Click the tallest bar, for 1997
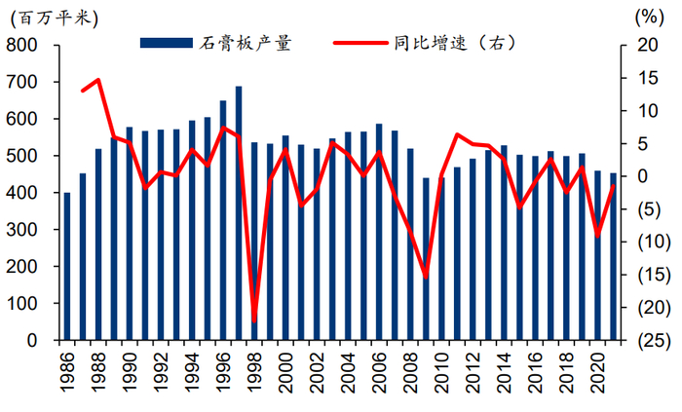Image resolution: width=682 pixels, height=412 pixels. (x=239, y=213)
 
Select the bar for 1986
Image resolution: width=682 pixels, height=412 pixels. (x=67, y=267)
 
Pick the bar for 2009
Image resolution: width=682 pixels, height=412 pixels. (x=426, y=259)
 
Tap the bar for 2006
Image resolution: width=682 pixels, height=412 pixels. (x=379, y=233)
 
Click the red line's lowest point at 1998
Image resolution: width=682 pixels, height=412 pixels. (x=254, y=320)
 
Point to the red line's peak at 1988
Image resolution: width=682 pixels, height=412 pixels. (x=97, y=80)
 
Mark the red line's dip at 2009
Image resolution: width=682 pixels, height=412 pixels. (x=426, y=278)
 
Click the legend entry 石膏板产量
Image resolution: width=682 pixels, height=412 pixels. (x=216, y=43)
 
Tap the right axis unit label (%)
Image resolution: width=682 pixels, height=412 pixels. (x=646, y=17)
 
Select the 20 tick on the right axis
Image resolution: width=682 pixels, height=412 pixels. (x=644, y=46)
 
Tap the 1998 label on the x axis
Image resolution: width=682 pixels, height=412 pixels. (x=255, y=375)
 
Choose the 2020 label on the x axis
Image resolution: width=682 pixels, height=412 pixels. (x=598, y=375)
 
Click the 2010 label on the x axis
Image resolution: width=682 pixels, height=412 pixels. (x=442, y=375)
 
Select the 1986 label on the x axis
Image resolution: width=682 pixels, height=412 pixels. (x=68, y=375)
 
